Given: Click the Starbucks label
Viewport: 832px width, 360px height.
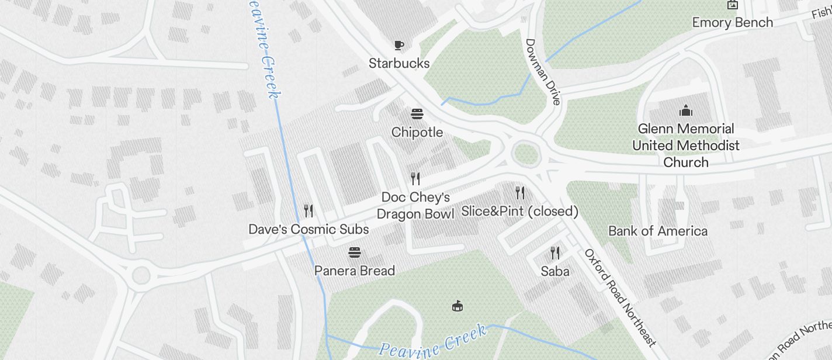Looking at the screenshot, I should coord(399,63).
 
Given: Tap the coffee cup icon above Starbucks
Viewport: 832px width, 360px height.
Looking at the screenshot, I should coord(399,45).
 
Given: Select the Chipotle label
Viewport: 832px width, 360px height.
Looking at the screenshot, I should coord(417,132).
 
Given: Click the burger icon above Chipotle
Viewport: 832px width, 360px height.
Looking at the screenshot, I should coord(417,113).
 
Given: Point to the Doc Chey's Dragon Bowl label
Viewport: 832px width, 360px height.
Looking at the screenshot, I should coord(415,206).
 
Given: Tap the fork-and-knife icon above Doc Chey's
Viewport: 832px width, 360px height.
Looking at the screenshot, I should coord(415,178).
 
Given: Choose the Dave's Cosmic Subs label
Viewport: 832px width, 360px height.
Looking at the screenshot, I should coord(308,229).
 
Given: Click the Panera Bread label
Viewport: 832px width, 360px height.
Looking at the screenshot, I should coord(355,271).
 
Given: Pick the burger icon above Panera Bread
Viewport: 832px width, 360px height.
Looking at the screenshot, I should coord(355,252).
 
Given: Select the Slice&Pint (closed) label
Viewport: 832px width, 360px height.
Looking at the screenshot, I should coord(520,211).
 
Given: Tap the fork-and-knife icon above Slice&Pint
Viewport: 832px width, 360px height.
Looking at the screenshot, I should coord(520,192).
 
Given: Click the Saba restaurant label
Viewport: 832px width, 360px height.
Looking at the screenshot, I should coord(555,271).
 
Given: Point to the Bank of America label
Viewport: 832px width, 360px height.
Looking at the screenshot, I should coord(658,231).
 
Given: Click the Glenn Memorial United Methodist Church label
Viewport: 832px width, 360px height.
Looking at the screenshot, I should coord(686,145).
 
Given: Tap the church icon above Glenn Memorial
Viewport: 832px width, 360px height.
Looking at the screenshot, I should coord(686,110).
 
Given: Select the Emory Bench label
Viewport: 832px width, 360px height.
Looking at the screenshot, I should coord(733,22).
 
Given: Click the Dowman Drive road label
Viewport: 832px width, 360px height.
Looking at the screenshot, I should coord(543,71).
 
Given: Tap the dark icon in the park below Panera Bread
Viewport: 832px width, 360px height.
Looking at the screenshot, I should coord(458,306).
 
